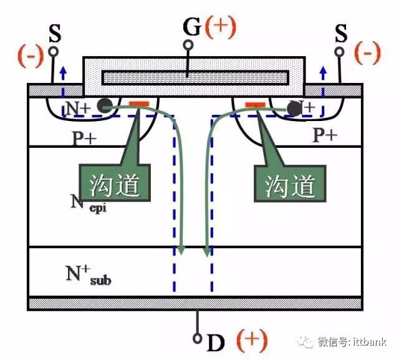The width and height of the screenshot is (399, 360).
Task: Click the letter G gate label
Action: coord(191,27)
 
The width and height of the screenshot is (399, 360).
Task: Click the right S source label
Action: coord(340,33)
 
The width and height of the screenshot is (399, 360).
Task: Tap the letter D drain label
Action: coord(215,342)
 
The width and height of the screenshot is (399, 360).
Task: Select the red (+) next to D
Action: coord(252,341)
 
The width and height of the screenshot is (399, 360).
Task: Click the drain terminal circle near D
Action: coord(197,339)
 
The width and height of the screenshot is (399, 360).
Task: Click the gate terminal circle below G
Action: coord(188,45)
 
